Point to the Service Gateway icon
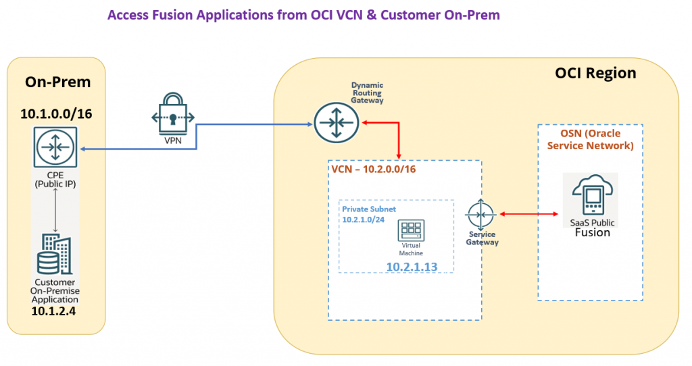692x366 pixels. point(481,214)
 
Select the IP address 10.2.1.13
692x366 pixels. point(412,267)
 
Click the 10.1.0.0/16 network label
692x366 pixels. point(55,113)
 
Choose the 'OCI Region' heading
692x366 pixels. point(595,73)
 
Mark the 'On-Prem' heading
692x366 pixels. point(57,82)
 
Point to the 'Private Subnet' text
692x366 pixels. point(368,209)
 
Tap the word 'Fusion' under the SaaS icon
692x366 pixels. point(592,232)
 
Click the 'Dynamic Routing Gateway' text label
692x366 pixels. point(367,93)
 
